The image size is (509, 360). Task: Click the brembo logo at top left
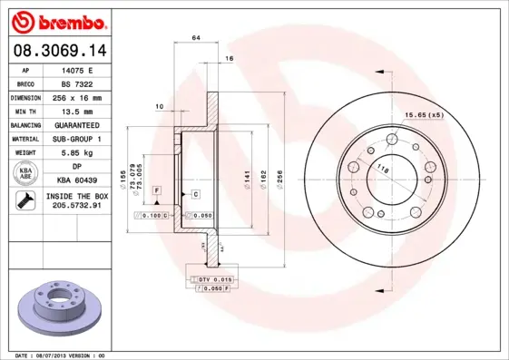click(x=59, y=21)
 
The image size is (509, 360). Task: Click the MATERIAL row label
click(x=25, y=140)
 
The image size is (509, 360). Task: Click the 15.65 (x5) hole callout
click(x=424, y=115)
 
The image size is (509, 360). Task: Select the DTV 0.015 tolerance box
click(x=214, y=277)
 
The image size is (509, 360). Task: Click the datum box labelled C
click(x=195, y=195)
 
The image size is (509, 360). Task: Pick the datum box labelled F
click(x=156, y=190)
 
